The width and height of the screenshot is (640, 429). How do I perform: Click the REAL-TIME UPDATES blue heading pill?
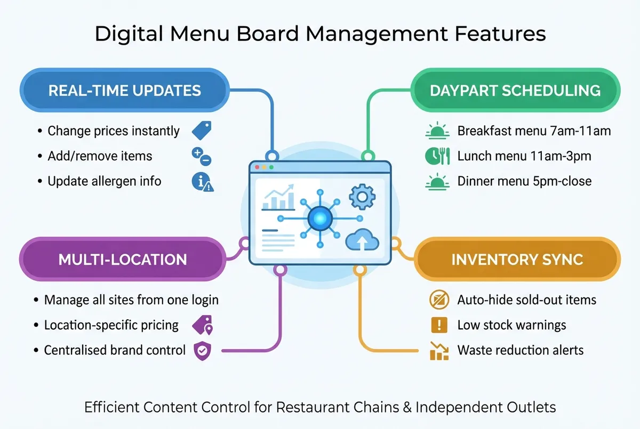[x=124, y=90]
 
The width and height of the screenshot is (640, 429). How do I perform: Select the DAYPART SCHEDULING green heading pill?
[x=515, y=90]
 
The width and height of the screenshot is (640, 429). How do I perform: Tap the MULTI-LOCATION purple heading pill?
[x=123, y=260]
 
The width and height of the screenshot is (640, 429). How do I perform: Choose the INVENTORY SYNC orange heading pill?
[x=517, y=260]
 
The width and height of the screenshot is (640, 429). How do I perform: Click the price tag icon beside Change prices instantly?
[x=202, y=130]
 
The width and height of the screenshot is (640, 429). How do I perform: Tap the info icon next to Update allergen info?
[x=202, y=182]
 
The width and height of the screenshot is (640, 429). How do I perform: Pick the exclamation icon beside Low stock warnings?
[x=438, y=325]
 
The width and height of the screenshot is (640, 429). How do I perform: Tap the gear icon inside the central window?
[x=362, y=197]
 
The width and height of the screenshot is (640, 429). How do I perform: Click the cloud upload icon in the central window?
[x=362, y=241]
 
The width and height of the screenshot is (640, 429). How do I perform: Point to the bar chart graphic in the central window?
[x=278, y=199]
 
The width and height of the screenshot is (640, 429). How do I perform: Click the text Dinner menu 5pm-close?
[x=524, y=181]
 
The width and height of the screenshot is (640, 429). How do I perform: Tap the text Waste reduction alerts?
[x=520, y=350]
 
